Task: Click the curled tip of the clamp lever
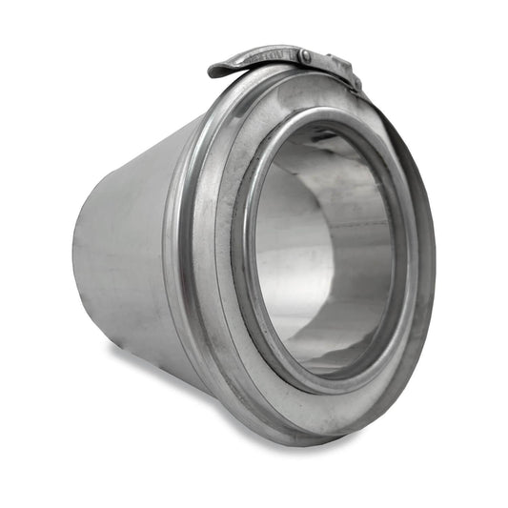(x=216, y=70)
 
